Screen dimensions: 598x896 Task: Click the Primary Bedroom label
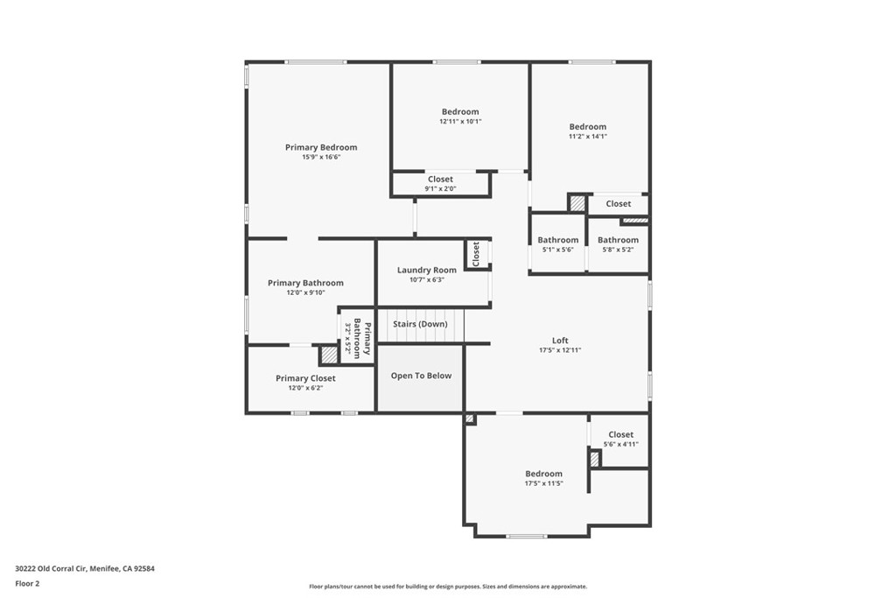coord(321,147)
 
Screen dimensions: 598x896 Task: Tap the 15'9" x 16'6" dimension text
coord(321,158)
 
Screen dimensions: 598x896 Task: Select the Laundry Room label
coord(427,270)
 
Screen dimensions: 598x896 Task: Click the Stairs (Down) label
coord(420,324)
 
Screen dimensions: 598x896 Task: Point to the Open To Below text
coord(421,376)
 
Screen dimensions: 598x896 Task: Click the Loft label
coord(560,341)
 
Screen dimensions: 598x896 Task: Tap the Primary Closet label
coord(305,378)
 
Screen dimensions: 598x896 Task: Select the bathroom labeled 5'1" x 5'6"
coord(558,240)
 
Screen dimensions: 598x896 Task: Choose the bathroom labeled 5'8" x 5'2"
coord(618,240)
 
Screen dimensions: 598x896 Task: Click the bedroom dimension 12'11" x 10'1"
coord(460,122)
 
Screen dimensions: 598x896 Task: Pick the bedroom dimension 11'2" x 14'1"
coord(588,137)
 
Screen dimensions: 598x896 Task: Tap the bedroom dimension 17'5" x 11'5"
coord(543,483)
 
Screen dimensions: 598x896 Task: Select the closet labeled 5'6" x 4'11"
coord(620,434)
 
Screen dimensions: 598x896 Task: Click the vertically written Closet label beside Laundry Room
coord(476,254)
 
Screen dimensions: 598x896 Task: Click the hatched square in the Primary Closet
coord(328,355)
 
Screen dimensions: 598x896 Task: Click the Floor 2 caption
coord(28,583)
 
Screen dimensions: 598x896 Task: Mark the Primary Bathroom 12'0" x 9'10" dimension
coord(305,293)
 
